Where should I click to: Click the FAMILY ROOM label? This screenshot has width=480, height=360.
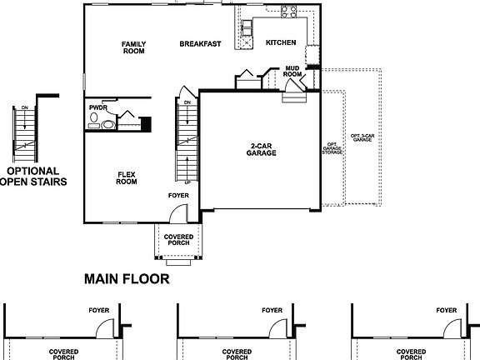(x=133, y=47)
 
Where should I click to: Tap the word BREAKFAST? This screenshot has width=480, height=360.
(x=200, y=43)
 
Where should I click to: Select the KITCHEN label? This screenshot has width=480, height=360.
(x=281, y=42)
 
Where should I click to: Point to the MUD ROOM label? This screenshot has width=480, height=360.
(x=292, y=71)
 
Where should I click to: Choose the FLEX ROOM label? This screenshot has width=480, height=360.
(x=126, y=177)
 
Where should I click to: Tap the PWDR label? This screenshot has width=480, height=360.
(x=97, y=108)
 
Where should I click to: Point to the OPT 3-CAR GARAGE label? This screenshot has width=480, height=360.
(x=361, y=137)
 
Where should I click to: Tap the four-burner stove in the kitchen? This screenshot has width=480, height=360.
(x=291, y=12)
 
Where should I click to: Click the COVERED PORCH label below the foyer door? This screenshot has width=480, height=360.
(x=178, y=240)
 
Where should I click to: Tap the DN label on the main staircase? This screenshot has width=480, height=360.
(x=187, y=103)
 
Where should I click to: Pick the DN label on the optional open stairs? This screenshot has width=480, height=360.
(x=24, y=107)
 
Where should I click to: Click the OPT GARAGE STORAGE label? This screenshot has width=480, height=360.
(x=331, y=147)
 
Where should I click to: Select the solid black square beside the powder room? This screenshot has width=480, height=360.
(x=145, y=124)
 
